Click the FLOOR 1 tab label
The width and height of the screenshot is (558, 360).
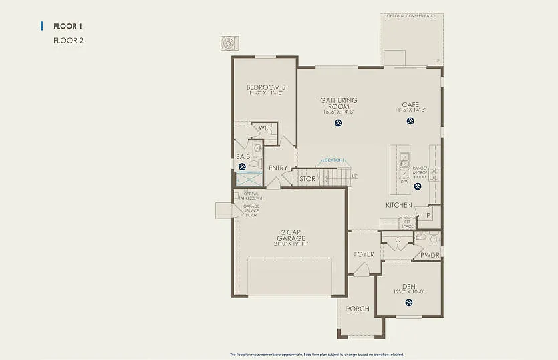[x=67, y=26]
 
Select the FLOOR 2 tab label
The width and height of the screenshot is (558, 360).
[x=67, y=40]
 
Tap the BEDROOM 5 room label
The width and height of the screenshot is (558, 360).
[x=265, y=87]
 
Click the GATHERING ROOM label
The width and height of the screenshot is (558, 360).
[x=339, y=104]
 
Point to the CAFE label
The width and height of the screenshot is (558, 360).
[x=410, y=104]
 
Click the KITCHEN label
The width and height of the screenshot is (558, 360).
[x=399, y=205]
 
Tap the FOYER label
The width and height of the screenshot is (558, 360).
[x=364, y=254]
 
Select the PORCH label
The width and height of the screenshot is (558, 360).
[x=358, y=309]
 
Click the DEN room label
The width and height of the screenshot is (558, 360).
[x=409, y=287]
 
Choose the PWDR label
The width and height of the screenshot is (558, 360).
[x=430, y=255]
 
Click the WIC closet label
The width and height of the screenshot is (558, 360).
[x=265, y=128]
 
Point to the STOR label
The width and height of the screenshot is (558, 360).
[x=307, y=179]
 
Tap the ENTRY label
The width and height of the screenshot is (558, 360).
[x=278, y=168]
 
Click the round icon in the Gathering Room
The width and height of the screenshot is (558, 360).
[x=339, y=122]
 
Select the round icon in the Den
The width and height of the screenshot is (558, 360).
[x=409, y=303]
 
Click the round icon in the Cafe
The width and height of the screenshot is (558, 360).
[x=410, y=121]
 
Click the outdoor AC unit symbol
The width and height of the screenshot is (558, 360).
[x=229, y=43]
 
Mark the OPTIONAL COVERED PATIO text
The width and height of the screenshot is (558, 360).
[x=411, y=15]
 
